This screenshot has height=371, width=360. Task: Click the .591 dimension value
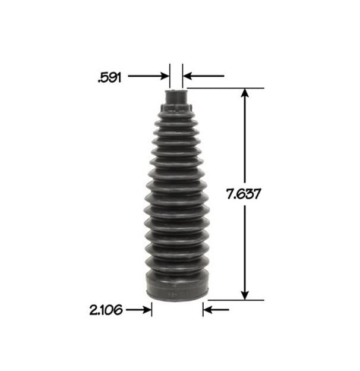pyautogui.click(x=109, y=76)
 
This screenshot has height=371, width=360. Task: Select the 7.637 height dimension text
pyautogui.click(x=245, y=193)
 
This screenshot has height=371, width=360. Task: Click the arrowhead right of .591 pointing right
pyautogui.click(x=165, y=76)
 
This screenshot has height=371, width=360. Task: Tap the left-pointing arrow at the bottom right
pyautogui.click(x=208, y=310)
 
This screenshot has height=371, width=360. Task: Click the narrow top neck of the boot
pyautogui.click(x=176, y=96)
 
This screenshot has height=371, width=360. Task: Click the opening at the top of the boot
pyautogui.click(x=176, y=89)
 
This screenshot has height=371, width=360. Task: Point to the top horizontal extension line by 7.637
pyautogui.click(x=226, y=89)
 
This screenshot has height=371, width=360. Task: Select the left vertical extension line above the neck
pyautogui.click(x=170, y=74)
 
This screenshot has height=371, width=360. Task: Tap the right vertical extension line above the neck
pyautogui.click(x=182, y=74)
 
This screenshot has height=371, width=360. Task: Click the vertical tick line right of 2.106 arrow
pyautogui.click(x=151, y=310)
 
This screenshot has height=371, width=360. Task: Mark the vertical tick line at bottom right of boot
pyautogui.click(x=203, y=310)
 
